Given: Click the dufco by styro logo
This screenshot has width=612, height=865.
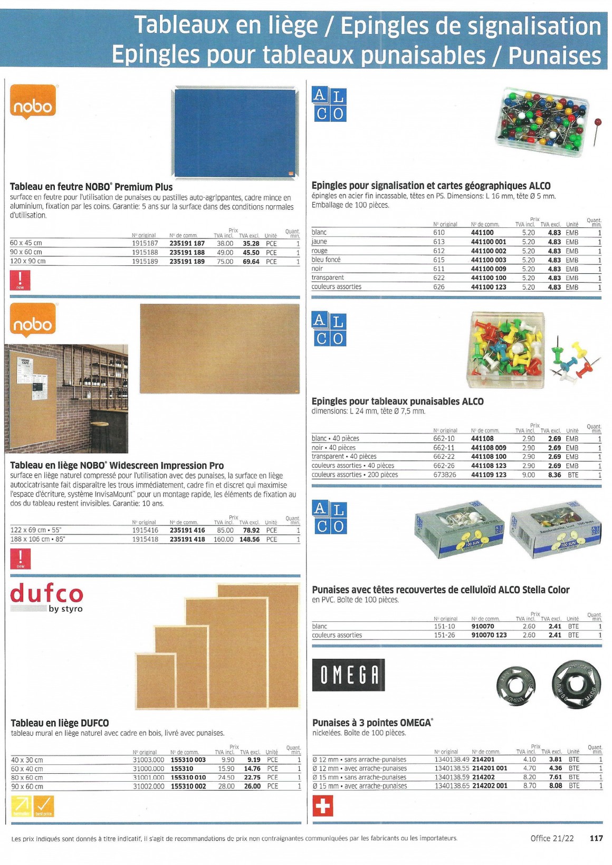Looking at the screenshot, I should click(x=46, y=598).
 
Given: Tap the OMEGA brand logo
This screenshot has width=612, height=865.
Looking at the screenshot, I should click(x=348, y=675).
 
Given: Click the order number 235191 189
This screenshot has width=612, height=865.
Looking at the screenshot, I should click(x=187, y=261).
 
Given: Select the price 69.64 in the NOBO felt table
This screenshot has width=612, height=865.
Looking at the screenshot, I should click(x=251, y=261).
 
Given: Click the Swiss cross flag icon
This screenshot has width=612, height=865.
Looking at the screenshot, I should click(x=323, y=806).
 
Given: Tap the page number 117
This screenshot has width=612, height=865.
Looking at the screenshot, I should click(x=596, y=838).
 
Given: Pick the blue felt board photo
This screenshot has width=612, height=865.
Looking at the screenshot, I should click(x=235, y=133).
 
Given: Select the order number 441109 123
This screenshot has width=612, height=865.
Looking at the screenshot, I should click(x=489, y=475).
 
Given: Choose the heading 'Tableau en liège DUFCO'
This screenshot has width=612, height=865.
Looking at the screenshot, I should click(x=60, y=723).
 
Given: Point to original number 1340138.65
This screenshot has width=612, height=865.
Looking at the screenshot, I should click(x=452, y=786).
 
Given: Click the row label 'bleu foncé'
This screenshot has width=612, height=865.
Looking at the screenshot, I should click(x=326, y=259).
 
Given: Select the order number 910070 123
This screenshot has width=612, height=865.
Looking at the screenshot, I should click(x=489, y=635).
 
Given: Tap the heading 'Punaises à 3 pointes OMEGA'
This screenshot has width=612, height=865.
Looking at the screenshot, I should click(x=372, y=723).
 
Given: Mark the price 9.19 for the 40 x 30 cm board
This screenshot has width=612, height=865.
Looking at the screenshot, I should click(x=253, y=760).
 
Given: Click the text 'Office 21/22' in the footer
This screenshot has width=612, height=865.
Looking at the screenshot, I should click(x=552, y=838).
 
